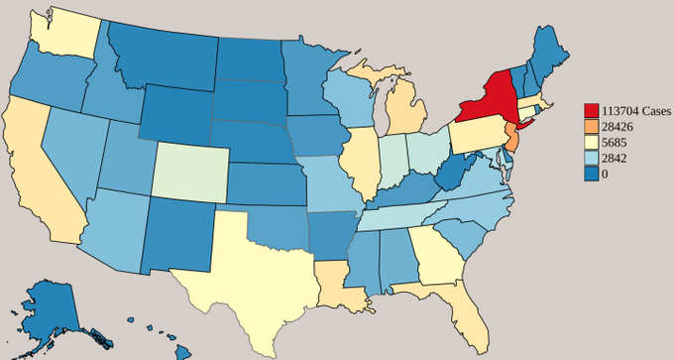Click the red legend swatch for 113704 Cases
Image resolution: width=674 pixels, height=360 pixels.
point(592,109)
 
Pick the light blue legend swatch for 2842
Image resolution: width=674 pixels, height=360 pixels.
point(592,158)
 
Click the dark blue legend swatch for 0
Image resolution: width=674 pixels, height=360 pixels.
point(592,174)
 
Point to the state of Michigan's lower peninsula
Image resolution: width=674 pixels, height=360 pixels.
point(405,115)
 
